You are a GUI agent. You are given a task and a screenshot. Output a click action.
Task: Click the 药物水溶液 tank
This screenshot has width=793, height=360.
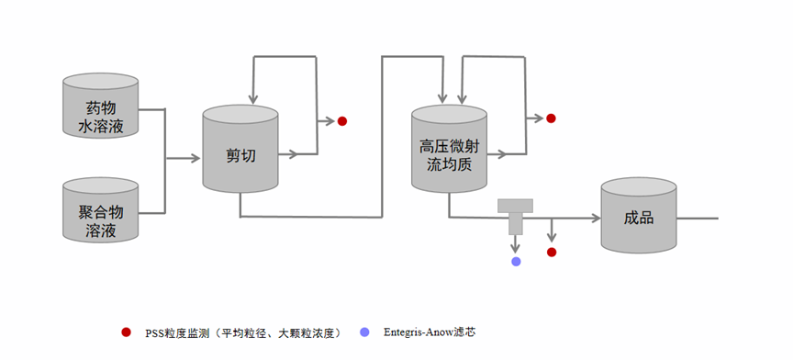100,109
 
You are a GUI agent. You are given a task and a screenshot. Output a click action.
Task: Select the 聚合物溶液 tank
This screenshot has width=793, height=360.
100,213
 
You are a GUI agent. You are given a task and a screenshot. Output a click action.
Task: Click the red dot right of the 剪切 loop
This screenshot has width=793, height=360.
342,120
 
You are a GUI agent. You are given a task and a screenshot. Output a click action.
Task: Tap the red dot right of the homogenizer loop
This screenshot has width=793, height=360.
551,118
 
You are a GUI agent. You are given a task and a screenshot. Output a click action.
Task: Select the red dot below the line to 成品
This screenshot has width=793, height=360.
552,252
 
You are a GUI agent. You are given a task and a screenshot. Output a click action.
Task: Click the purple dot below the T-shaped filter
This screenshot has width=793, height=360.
516,262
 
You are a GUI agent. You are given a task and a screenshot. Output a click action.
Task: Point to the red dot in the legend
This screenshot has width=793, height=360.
126,332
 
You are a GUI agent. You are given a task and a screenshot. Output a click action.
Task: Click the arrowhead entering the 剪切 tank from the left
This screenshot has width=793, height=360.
195,158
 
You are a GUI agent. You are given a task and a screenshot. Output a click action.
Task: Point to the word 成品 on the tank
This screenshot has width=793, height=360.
638,219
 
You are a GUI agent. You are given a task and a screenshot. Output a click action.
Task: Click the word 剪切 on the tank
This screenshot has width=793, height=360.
240,155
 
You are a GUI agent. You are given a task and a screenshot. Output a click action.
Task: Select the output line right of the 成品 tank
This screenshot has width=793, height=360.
697,219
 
